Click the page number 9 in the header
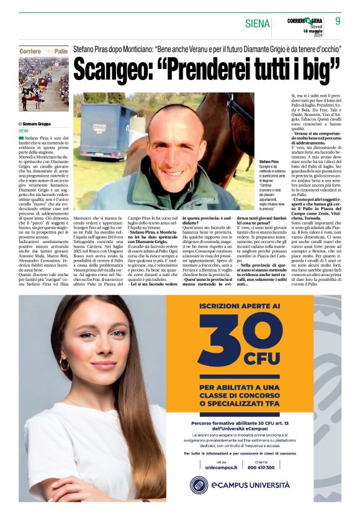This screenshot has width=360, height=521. [338, 21]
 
